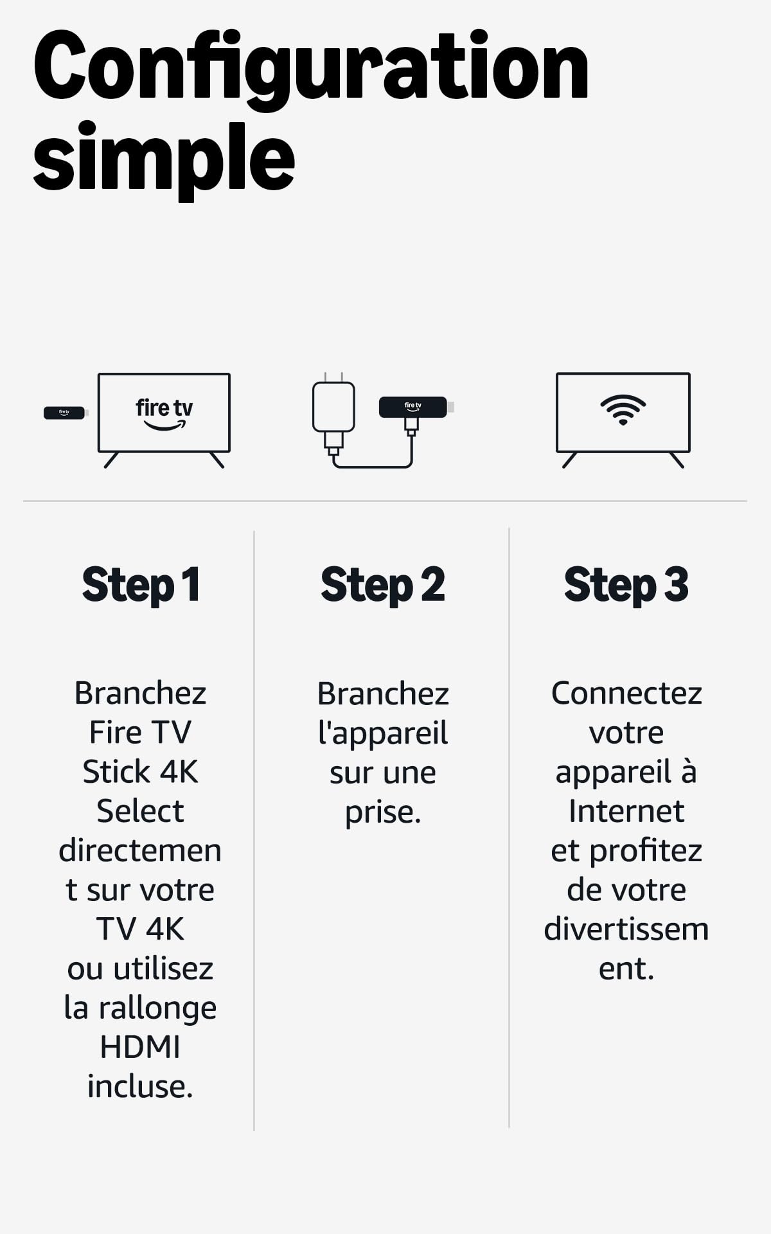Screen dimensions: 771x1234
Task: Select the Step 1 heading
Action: [141, 586]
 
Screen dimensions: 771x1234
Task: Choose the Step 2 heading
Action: [383, 586]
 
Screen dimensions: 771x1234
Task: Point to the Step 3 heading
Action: [626, 586]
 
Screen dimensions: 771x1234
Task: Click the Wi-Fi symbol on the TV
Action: [623, 409]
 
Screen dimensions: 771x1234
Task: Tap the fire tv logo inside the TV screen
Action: [164, 414]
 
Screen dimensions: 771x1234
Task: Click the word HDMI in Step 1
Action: [140, 1047]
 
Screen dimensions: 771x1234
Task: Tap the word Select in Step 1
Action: [140, 811]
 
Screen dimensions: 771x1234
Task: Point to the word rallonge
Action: [157, 1009]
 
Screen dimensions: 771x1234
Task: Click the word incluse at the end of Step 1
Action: [140, 1087]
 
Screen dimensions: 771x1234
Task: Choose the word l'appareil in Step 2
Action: [383, 734]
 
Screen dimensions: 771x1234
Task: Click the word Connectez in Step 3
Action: [626, 693]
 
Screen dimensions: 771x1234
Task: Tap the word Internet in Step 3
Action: [626, 811]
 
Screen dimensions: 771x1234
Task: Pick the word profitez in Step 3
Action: [646, 852]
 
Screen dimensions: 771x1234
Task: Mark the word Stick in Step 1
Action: [116, 772]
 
